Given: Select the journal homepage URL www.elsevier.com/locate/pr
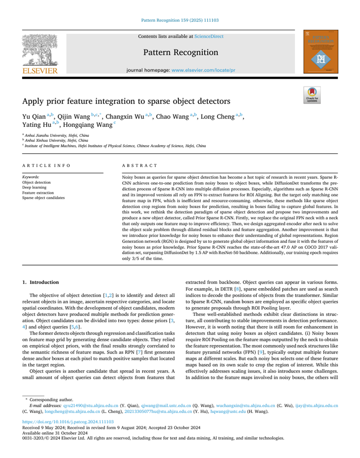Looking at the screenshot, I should [x=203, y=70].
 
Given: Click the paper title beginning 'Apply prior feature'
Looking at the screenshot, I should [x=127, y=102].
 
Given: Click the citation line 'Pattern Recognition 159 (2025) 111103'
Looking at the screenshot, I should [x=179, y=21].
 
